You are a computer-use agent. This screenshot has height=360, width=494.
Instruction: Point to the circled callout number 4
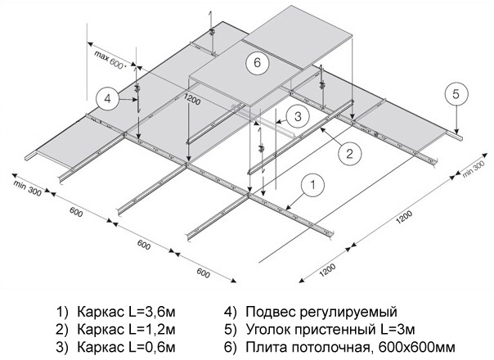coord(107,98)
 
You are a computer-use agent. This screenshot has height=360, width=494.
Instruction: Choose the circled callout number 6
coord(256,62)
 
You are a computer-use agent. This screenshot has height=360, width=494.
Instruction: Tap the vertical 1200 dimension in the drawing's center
coord(191,100)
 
